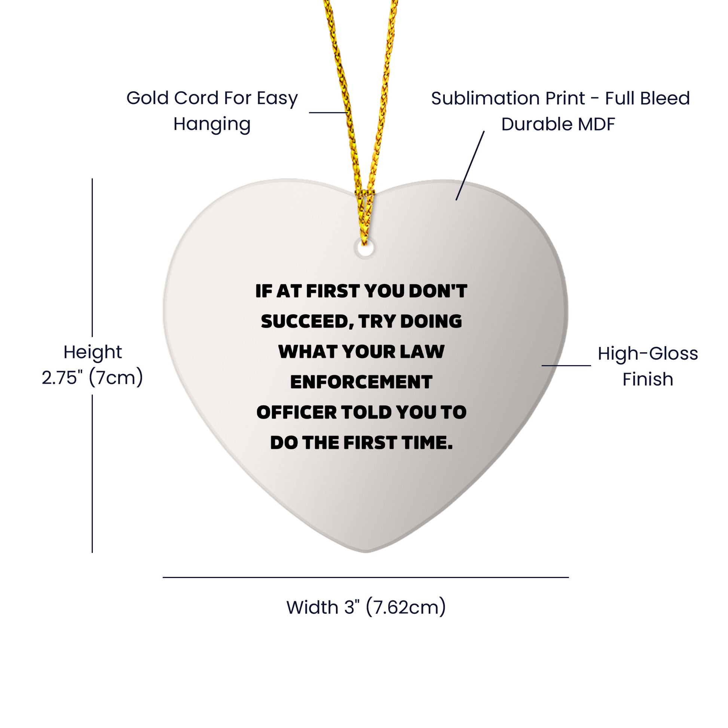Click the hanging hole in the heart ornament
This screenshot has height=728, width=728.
365,249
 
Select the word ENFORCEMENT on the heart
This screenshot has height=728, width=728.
361,382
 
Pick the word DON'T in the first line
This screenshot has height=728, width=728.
438,291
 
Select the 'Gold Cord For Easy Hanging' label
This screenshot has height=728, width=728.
212,111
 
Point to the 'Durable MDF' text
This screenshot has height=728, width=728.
558,124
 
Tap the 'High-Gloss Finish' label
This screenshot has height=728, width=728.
647,366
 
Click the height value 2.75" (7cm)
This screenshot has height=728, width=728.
92,377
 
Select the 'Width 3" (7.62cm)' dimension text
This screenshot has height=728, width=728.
366,607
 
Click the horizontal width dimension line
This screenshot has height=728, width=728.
365,577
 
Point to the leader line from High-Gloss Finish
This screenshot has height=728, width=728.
566,365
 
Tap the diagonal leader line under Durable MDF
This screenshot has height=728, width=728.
470,166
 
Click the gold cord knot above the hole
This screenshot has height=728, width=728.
364,196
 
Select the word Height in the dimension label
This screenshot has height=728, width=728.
93,352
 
